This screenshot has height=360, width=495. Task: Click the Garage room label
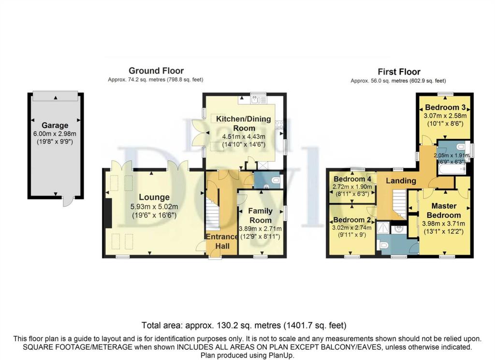click(55, 125)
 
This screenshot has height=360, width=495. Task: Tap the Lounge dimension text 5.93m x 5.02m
click(154, 207)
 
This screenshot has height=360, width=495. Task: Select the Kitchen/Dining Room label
click(244, 123)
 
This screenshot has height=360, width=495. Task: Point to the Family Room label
click(260, 215)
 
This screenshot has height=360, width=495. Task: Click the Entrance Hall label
click(222, 241)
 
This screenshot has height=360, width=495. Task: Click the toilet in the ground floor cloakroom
click(275, 180)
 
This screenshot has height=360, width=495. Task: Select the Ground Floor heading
click(156, 71)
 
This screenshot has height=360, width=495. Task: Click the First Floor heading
click(399, 72)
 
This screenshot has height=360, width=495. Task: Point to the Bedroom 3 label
click(445, 107)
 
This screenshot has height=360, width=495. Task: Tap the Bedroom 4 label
click(352, 179)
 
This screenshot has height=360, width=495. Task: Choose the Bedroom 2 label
click(352, 219)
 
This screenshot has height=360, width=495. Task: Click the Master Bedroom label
click(444, 211)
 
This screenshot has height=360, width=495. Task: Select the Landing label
click(401, 181)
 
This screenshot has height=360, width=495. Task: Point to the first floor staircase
click(399, 204)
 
